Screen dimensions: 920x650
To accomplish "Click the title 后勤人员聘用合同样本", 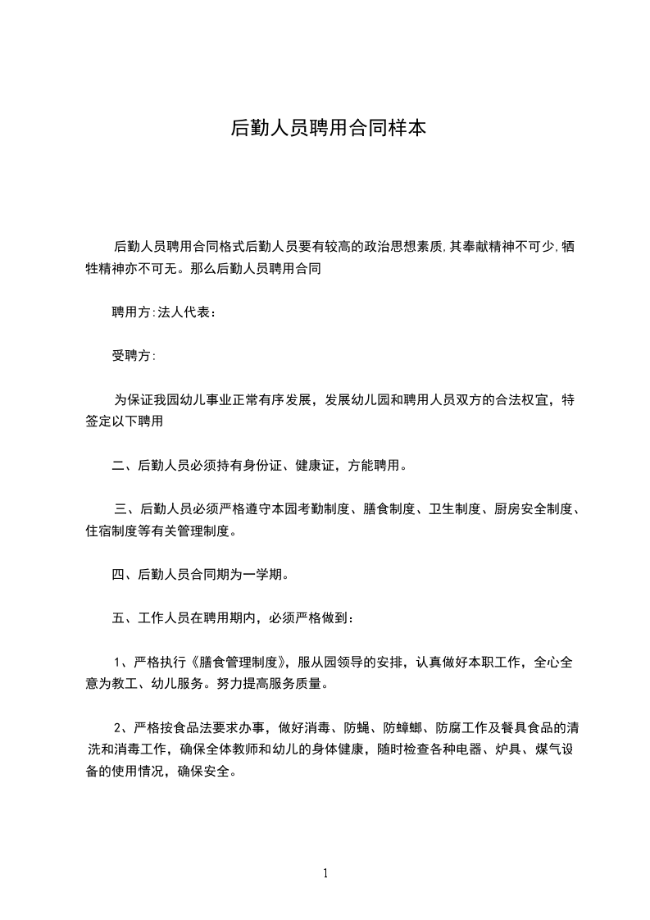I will click(x=328, y=128).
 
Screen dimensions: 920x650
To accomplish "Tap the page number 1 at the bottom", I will click(x=325, y=873).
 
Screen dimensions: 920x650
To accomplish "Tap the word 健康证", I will click(x=339, y=466).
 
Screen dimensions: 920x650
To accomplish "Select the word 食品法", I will click(x=185, y=726).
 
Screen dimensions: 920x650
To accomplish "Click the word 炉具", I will click(x=509, y=749).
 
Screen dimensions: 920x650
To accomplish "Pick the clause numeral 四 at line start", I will click(x=118, y=574).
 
